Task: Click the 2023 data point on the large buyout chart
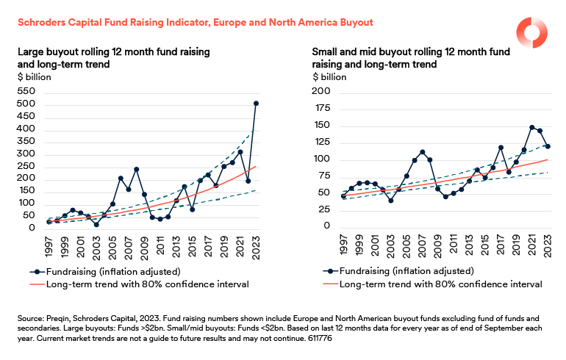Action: point(256,104)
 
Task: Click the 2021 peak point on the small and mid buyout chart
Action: point(531,128)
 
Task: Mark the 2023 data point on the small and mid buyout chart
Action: point(548,146)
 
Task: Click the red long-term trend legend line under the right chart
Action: point(331,284)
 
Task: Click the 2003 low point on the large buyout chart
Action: point(96,224)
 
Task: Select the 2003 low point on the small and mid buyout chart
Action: point(391,200)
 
